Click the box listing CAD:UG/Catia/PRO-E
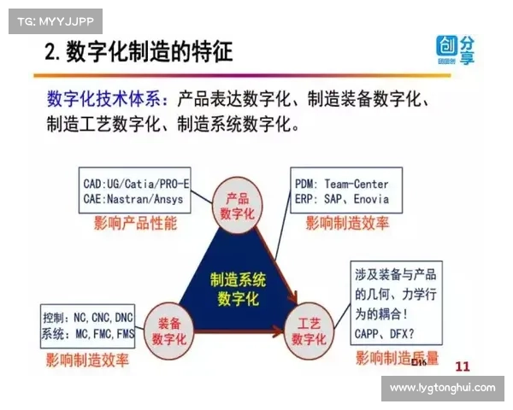click(136, 191)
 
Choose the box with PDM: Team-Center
click(341, 191)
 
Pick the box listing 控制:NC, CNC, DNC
click(86, 325)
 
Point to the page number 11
click(462, 366)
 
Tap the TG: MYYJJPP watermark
click(55, 20)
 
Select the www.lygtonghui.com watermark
click(442, 388)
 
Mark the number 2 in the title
click(50, 54)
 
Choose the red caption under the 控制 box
click(88, 360)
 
